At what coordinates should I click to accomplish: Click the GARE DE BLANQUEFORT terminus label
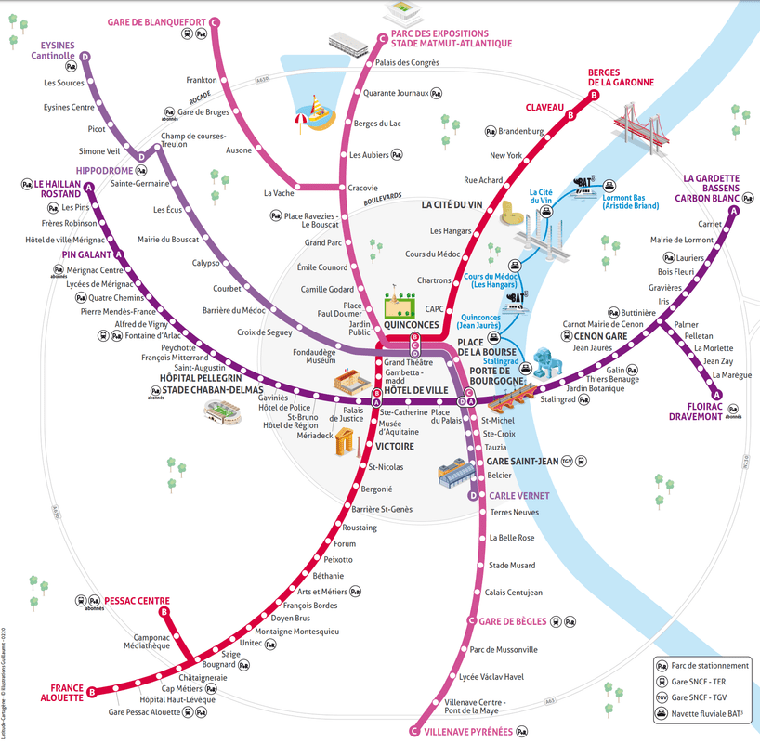click(156, 21)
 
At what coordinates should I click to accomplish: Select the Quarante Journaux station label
click(395, 93)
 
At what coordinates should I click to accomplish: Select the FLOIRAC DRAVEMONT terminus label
click(696, 411)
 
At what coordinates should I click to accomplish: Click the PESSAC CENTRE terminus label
click(137, 600)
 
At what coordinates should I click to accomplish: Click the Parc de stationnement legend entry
click(710, 665)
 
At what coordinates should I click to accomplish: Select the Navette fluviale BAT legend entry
click(712, 712)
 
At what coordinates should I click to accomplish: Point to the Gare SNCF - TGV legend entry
click(709, 697)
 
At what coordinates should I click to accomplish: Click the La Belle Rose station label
click(512, 538)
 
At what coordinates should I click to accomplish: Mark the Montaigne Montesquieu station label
click(296, 632)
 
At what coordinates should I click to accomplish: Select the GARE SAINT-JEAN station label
click(522, 461)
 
